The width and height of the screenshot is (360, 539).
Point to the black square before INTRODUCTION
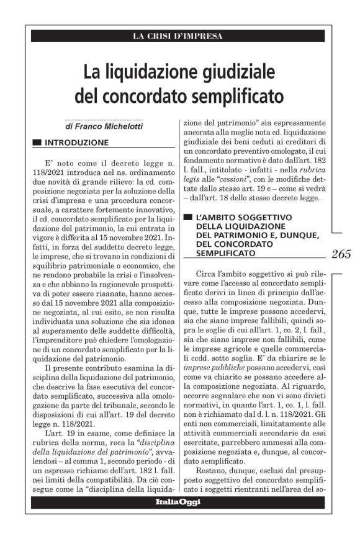coord(37,142)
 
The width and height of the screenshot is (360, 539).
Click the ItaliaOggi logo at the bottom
coord(178,502)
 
